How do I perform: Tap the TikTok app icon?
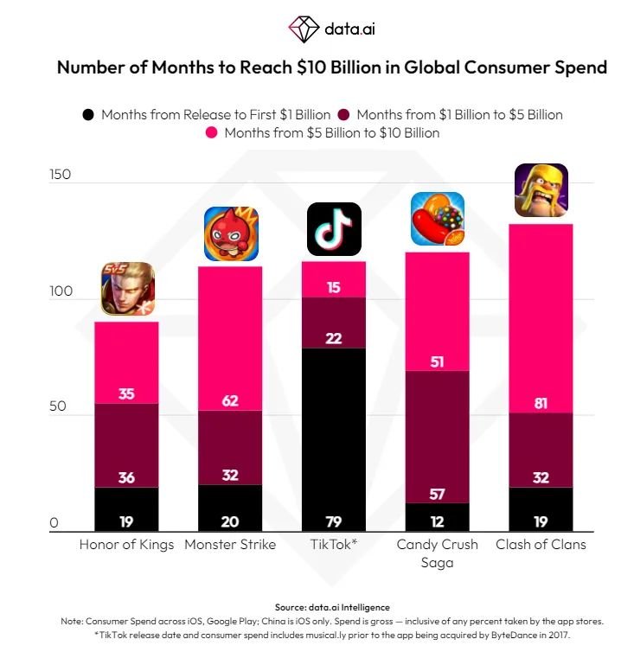334,230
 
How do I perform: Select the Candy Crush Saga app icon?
438,219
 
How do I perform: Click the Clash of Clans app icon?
541,190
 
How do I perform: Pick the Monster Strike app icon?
231,234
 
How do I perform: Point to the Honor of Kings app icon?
127,289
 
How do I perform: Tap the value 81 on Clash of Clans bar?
541,402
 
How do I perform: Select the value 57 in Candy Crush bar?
438,493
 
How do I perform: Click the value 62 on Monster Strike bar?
230,400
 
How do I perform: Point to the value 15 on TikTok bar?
334,287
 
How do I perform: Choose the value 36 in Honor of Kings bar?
126,477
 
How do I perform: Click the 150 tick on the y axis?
60,175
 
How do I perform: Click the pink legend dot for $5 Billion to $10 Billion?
210,133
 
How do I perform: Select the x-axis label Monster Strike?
230,545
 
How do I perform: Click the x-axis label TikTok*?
334,545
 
